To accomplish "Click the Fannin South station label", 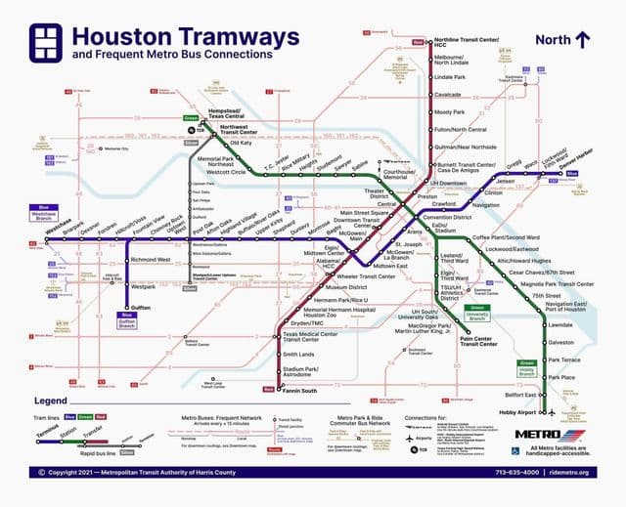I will [299, 392].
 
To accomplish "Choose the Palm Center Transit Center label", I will [478, 341].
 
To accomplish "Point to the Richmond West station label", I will [151, 260].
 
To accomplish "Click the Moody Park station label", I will [448, 112].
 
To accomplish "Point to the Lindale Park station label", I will [450, 76].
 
